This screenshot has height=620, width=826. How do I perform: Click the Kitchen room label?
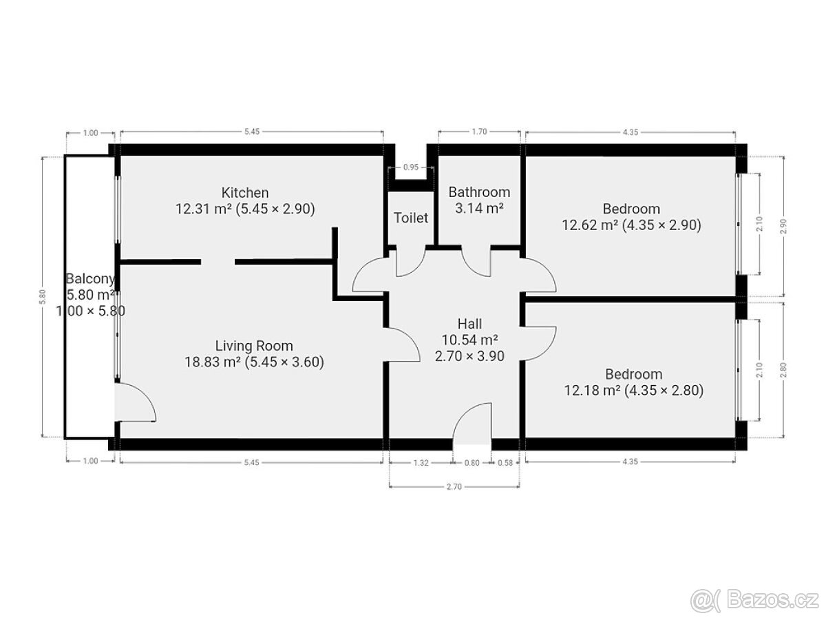pos(244,193)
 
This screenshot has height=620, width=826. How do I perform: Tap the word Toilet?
pos(410,218)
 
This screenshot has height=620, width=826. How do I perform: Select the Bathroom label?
pos(479,192)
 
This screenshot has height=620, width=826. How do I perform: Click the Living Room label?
pos(254,346)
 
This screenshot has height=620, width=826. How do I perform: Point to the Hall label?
pos(469,323)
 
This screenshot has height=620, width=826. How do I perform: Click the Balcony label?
pos(90,278)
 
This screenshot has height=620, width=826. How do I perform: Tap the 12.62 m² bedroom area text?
pos(631,225)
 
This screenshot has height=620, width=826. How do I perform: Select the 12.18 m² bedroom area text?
pos(633,391)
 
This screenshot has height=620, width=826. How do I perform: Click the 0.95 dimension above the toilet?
pos(410,167)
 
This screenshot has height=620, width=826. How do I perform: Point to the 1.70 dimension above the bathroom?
pos(479,132)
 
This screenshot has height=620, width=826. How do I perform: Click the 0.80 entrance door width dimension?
pos(472,463)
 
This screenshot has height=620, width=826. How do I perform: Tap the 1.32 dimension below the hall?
pos(421,463)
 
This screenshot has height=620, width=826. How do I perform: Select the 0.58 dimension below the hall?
pos(505,463)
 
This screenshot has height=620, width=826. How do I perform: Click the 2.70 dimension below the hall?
pos(454,487)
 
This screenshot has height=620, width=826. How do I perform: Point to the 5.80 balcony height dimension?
pos(43,296)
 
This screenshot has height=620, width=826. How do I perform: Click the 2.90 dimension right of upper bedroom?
pos(784,226)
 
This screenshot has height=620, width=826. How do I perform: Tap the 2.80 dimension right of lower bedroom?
pos(783,370)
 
